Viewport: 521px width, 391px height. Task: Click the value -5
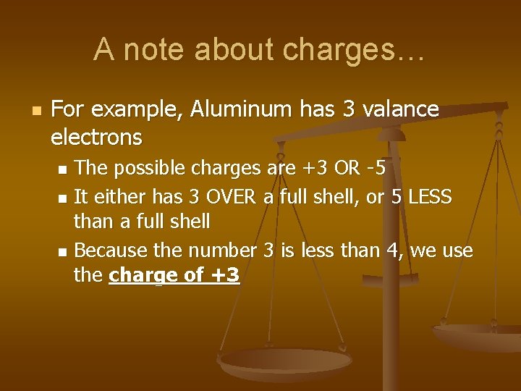pos(376,169)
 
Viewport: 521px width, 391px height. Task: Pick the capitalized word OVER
pos(233,196)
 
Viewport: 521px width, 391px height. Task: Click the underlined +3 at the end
pos(223,275)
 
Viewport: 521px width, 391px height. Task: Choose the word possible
pos(150,169)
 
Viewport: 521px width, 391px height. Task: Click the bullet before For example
pos(35,110)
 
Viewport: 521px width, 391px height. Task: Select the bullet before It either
pos(63,197)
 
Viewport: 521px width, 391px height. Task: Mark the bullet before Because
pos(63,252)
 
